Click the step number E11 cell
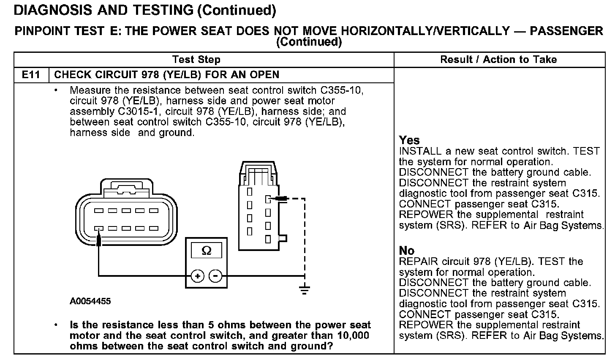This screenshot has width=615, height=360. [31, 75]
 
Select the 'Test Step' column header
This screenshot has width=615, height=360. [196, 60]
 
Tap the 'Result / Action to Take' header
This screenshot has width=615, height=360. [498, 60]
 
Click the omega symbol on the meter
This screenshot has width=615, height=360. [207, 251]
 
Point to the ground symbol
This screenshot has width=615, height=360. [304, 290]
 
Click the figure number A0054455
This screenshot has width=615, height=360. [90, 302]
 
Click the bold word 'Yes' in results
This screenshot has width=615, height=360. [409, 140]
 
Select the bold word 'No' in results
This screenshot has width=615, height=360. [407, 251]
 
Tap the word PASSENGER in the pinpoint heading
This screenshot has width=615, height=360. [566, 31]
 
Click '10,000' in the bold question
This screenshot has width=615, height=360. [354, 335]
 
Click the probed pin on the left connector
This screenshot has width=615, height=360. [98, 229]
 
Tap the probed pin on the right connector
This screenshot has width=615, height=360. [267, 198]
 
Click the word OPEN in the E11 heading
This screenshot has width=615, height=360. [265, 75]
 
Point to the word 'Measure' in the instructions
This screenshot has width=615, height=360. [89, 90]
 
